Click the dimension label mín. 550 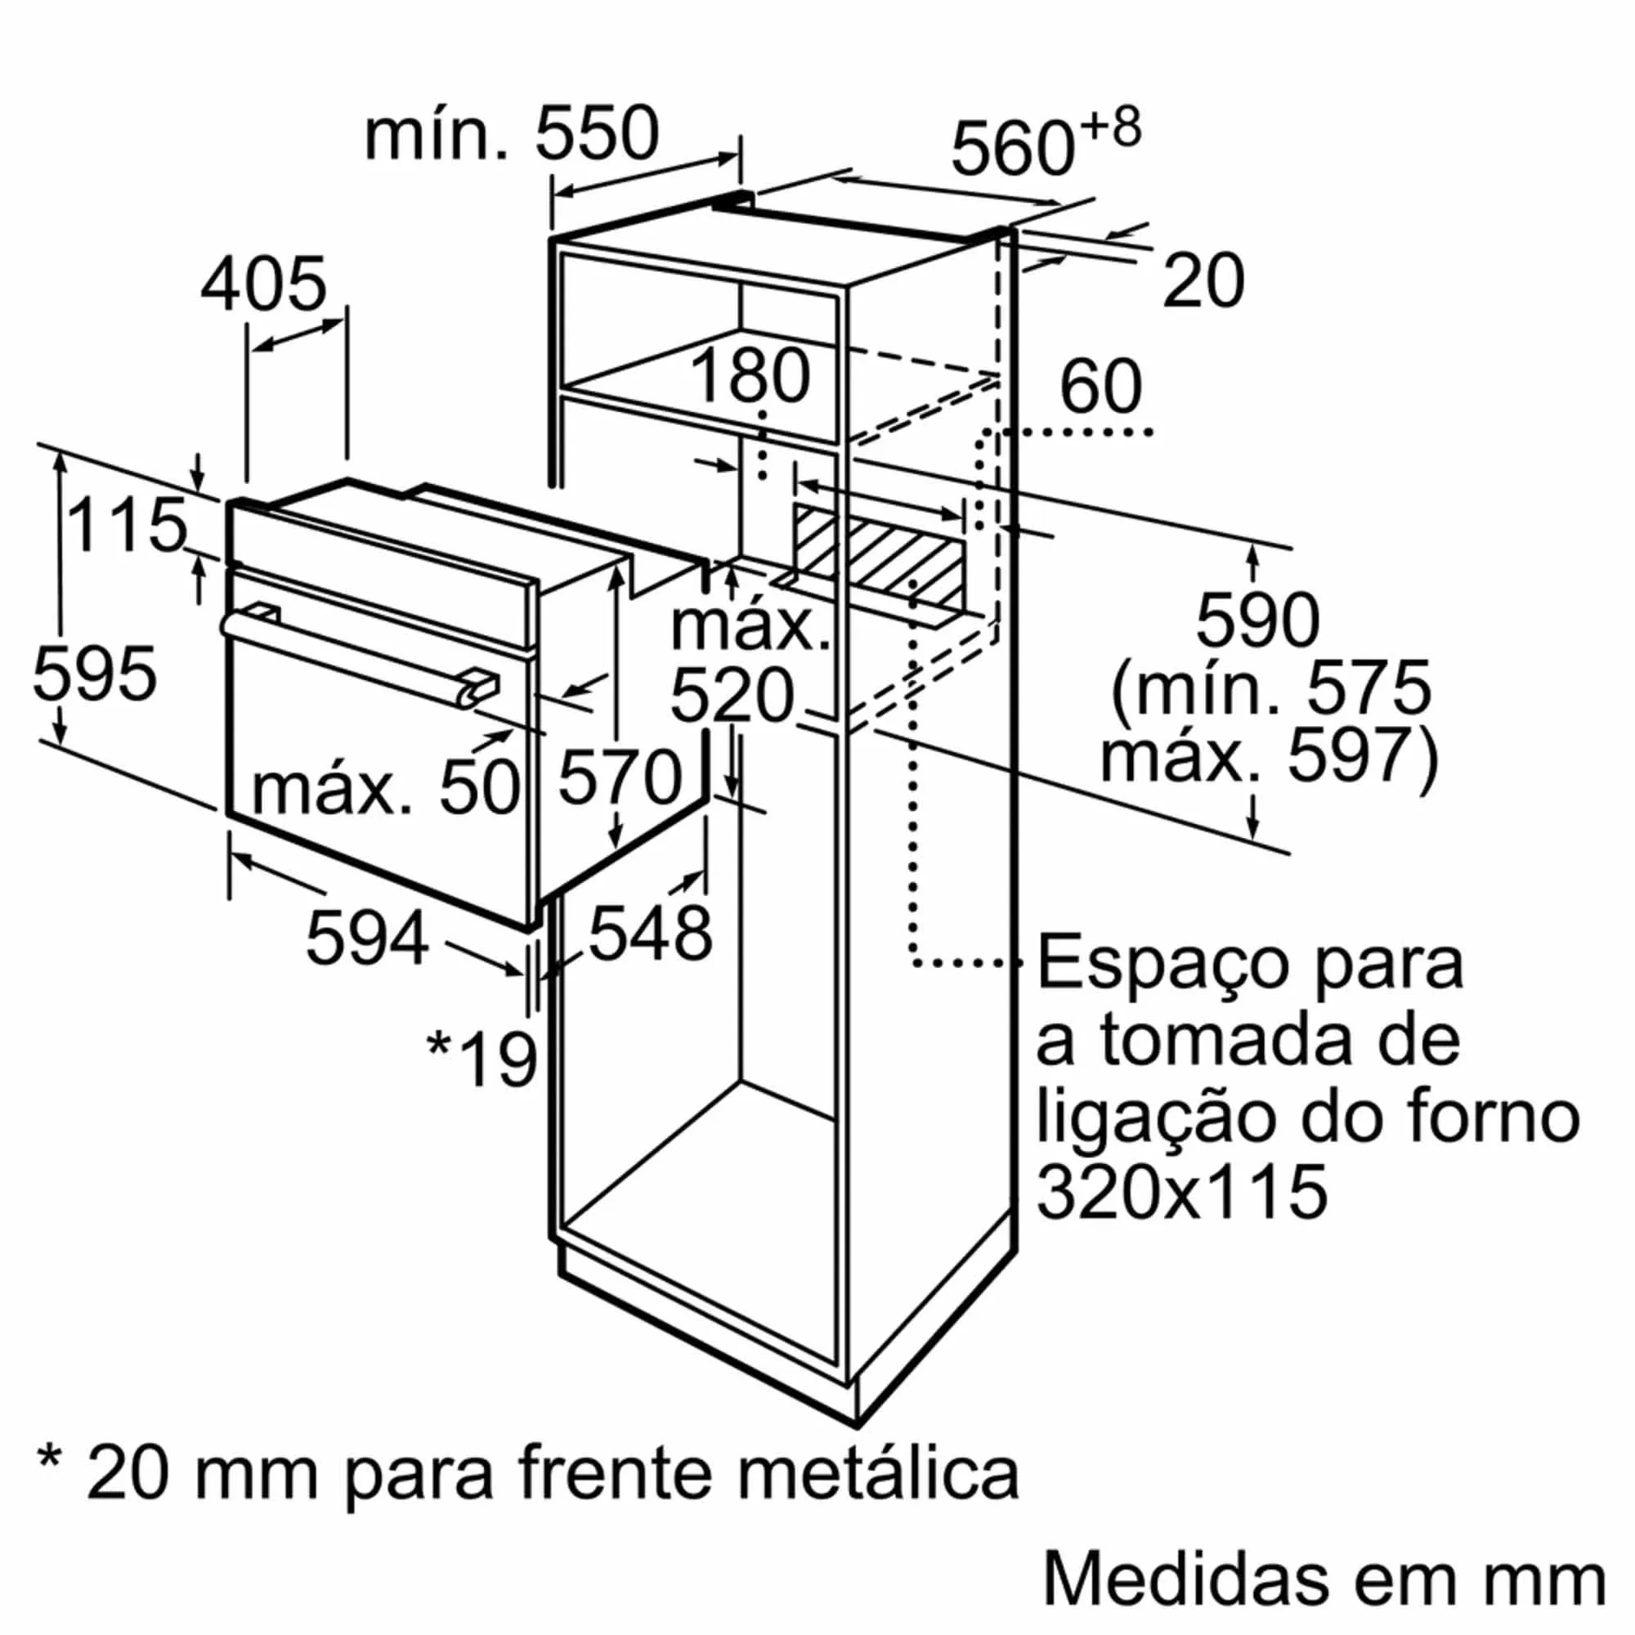[x=511, y=134]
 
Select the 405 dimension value [x=263, y=284]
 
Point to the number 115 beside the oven [x=126, y=525]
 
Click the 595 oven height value [x=95, y=674]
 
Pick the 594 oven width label [x=367, y=937]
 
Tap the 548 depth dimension [x=650, y=934]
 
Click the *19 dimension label [x=482, y=1059]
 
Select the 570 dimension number [x=620, y=777]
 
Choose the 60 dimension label [x=1101, y=387]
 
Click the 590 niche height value [x=1257, y=621]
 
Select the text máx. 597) [x=1269, y=755]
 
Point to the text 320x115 [x=1181, y=1192]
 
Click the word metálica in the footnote [x=879, y=1473]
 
